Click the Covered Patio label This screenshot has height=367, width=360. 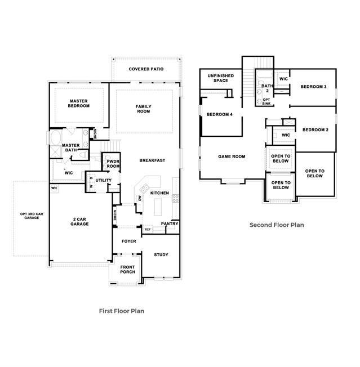tap(146, 69)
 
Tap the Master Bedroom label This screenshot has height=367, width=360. tap(79, 103)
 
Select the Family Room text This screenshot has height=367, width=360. tap(144, 109)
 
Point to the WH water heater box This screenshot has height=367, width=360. tap(54, 188)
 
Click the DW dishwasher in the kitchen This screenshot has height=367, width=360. tap(140, 198)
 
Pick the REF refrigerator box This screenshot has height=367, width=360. tap(148, 230)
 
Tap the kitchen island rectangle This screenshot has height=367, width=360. tap(158, 207)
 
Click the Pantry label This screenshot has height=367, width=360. tap(170, 224)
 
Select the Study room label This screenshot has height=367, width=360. tap(161, 254)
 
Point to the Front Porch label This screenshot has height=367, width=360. tap(128, 270)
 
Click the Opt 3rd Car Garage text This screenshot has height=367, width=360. tap(32, 216)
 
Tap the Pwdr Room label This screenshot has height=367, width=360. tap(113, 164)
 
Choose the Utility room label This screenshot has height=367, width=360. tap(103, 180)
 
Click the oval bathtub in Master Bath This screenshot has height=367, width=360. tap(56, 138)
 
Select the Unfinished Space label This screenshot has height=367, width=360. tap(221, 78)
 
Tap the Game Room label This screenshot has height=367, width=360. tap(232, 156)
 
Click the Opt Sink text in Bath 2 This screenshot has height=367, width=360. tap(266, 101)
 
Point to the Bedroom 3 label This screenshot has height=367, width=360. tap(313, 87)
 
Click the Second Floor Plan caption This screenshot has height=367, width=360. tap(277, 225)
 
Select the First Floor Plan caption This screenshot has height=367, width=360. tap(122, 311)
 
